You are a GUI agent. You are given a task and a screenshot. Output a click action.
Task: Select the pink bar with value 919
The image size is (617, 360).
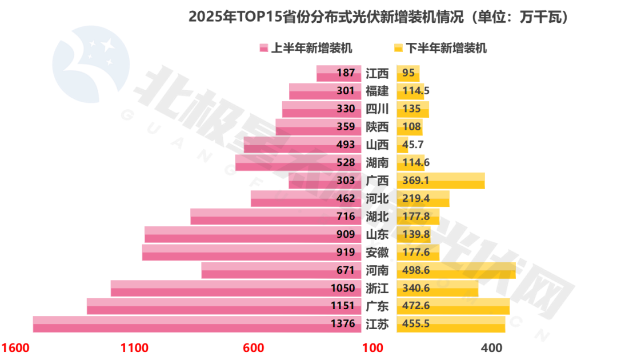point(240,252)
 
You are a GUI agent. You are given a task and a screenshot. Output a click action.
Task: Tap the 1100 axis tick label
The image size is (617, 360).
point(135,348)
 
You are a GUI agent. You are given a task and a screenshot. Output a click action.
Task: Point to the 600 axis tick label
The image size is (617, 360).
point(253,348)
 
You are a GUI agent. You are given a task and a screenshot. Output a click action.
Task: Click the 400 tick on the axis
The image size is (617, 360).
point(492,348)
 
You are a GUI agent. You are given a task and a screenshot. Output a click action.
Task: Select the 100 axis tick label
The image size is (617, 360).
point(372,348)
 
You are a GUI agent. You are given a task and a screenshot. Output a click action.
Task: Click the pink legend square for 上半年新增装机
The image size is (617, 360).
point(263,48)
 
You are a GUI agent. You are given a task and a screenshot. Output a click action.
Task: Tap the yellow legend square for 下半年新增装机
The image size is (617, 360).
point(399,48)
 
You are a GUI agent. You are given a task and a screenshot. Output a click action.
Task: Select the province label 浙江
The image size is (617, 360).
point(377,288)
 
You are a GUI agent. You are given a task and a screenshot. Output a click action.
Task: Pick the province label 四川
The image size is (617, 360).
point(377,109)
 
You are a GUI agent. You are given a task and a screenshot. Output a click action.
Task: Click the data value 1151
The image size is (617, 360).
point(343,306)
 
